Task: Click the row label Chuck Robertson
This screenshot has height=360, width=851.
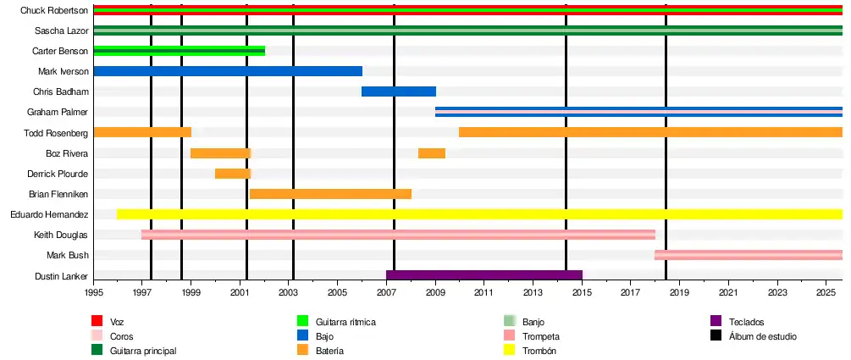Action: [x=54, y=10]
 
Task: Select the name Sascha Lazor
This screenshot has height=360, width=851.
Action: [x=62, y=30]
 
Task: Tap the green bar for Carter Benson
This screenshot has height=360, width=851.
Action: [x=179, y=51]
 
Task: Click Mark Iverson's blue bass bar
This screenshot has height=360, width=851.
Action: [x=228, y=71]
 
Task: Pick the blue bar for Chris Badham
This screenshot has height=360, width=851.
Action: [x=399, y=91]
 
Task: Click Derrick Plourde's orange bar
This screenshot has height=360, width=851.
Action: [x=232, y=174]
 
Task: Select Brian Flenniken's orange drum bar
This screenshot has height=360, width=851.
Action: [x=330, y=194]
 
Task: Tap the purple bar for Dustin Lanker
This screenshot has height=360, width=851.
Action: [x=484, y=275]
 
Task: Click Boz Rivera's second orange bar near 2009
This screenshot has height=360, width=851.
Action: [x=432, y=153]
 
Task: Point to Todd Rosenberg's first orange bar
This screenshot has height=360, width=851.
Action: [x=142, y=132]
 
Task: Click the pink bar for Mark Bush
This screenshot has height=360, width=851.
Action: [x=749, y=255]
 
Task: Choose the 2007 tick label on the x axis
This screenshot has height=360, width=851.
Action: [x=386, y=292]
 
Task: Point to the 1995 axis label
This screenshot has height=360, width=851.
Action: [x=93, y=292]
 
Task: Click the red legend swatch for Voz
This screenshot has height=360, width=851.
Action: [x=97, y=322]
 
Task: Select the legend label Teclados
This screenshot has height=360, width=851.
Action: [x=745, y=322]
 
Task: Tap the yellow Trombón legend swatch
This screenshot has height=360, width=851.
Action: [x=509, y=351]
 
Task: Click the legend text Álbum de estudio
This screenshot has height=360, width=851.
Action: [x=762, y=336]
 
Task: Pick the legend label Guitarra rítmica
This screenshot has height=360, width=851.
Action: [x=345, y=322]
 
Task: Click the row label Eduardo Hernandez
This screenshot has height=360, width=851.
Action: [x=49, y=214]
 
